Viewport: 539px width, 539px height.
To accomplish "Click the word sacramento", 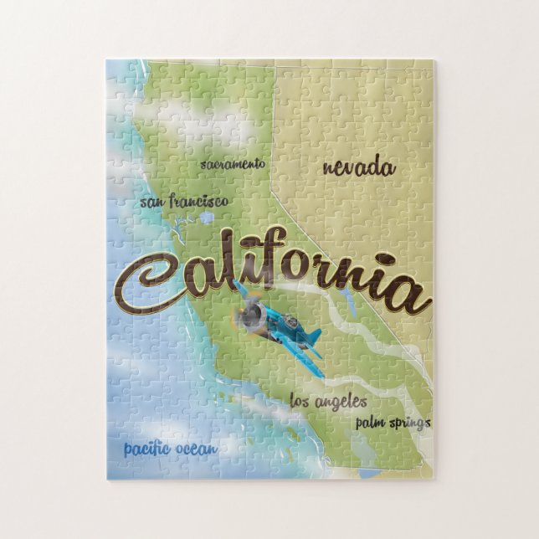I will point(233,164).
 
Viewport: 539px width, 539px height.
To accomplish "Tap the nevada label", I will point(358,167).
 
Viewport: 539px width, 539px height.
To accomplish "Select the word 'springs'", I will point(409,423).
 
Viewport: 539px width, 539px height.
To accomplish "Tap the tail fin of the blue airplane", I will point(313,336).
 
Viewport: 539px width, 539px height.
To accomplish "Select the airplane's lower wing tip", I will point(316,369).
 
